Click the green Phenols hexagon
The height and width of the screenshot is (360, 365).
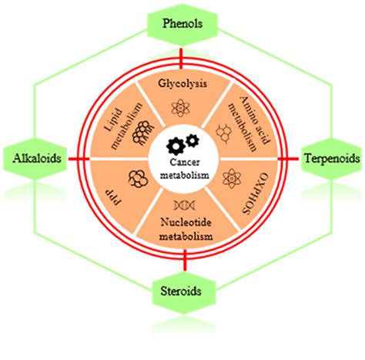tap(182, 24)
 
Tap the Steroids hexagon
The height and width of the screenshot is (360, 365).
tap(182, 291)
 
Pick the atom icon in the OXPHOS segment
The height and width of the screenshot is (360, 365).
tap(228, 179)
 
